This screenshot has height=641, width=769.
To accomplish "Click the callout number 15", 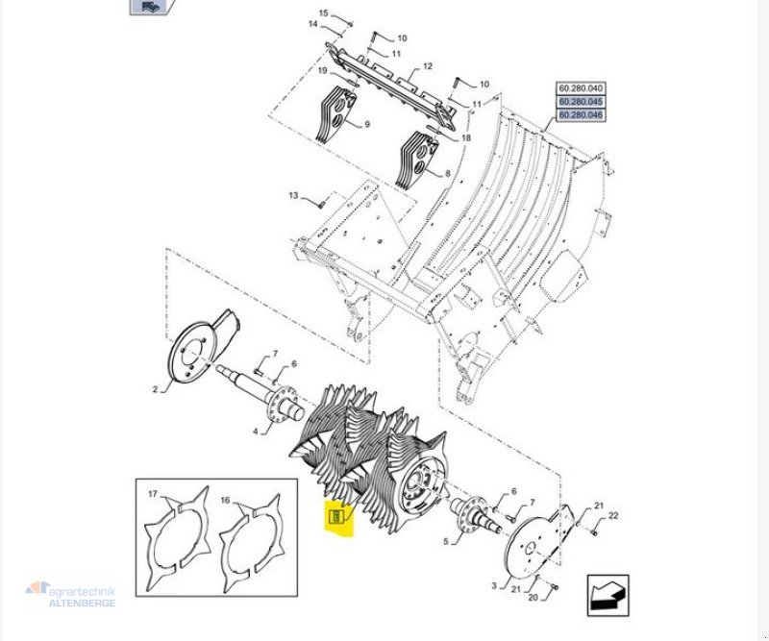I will (x=323, y=13).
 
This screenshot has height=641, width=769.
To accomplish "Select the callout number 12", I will (x=428, y=67).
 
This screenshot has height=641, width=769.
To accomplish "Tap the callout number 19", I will (x=323, y=71).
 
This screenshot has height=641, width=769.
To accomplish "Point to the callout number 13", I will (x=293, y=196).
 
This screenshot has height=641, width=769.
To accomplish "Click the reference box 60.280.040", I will (x=581, y=88).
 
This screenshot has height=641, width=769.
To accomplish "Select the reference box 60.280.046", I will (x=581, y=115).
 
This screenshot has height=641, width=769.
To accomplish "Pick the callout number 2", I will (x=154, y=389).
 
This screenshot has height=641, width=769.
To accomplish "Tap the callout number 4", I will (x=255, y=431).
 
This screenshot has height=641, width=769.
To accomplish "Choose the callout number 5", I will (x=444, y=542).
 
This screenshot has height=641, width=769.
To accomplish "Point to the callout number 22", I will (x=613, y=516).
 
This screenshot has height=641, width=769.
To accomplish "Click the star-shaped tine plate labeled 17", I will (x=181, y=543).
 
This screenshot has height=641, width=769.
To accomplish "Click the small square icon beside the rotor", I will (x=335, y=518).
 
